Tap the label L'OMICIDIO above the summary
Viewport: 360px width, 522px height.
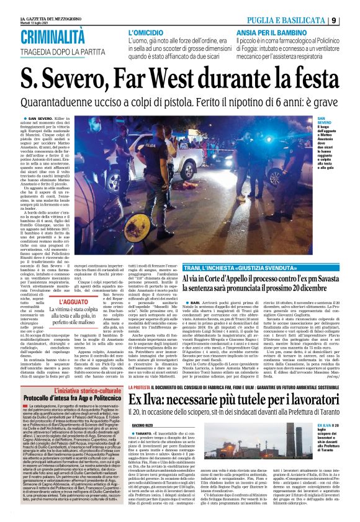pyautogui.click(x=146, y=31)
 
